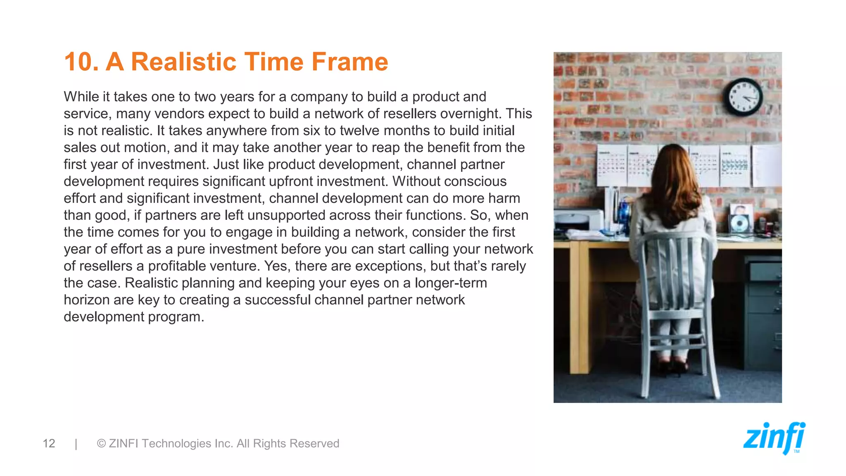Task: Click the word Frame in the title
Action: coord(349,62)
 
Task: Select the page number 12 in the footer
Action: coord(49,443)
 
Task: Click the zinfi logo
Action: coord(774,438)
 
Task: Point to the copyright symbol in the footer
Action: coord(101,443)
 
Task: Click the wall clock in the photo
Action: coord(742,97)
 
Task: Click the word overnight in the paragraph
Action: coord(471,114)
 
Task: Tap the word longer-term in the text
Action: coord(451,283)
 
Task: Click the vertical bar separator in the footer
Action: coord(76,443)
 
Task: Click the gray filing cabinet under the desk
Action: coord(763,314)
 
